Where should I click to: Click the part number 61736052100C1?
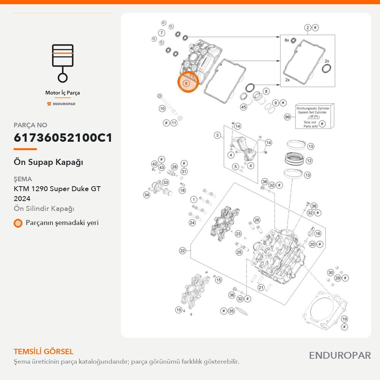pos(63,138)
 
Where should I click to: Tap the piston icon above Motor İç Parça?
pos(63,63)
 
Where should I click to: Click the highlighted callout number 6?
pos(186,83)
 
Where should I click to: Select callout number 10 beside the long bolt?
pos(162,109)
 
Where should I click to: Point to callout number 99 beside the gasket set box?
pos(287,117)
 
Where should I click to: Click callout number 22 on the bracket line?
pos(182,250)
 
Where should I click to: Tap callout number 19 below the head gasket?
pos(344,319)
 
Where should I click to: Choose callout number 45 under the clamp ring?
pos(243,107)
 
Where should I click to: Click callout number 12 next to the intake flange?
pos(309,161)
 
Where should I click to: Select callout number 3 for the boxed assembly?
pos(217,135)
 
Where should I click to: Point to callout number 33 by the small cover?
pos(166,182)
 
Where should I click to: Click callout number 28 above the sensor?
pos(174,167)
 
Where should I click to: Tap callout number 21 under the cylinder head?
pos(261,287)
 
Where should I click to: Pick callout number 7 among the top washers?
pos(161,33)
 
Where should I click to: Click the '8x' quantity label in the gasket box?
pos(287,40)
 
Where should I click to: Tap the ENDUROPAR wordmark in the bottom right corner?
pos(340,356)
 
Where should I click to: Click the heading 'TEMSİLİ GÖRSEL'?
pos(44,351)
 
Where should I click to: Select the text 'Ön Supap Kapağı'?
pos(49,162)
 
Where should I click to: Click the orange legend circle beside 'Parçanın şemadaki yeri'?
pos(18,223)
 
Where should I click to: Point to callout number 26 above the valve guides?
pos(256,220)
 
